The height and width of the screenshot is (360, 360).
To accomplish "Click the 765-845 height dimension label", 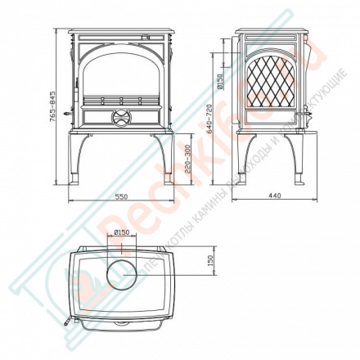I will (52, 106).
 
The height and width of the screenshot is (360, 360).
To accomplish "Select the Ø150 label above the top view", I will (122, 232).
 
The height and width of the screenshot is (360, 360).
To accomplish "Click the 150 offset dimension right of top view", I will (210, 261).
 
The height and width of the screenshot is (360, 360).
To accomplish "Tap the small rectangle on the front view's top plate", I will (147, 37).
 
